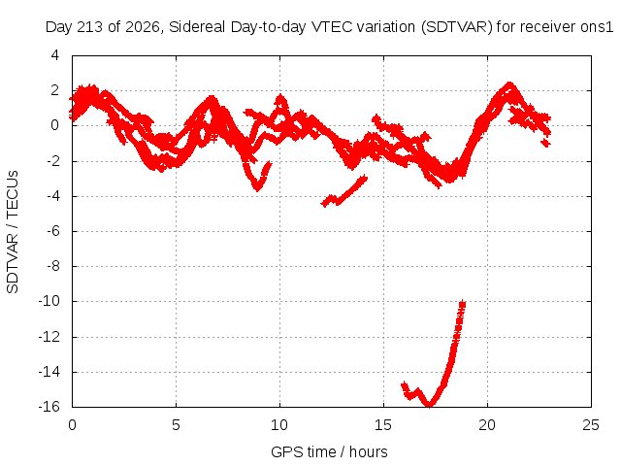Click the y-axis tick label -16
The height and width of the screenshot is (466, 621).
(x=49, y=407)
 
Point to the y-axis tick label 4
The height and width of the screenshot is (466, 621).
(x=54, y=55)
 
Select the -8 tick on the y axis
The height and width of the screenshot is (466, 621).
(x=53, y=266)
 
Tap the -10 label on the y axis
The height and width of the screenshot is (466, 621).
(x=49, y=301)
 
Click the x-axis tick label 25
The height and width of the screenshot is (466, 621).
(x=591, y=425)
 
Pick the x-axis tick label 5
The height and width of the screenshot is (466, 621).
(x=176, y=425)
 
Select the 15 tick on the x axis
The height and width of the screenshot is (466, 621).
(x=383, y=425)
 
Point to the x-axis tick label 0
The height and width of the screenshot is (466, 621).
(x=72, y=425)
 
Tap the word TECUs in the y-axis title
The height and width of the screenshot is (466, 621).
(x=13, y=194)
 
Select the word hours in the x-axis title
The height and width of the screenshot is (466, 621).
(x=369, y=451)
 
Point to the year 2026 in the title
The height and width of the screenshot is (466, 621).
(x=143, y=27)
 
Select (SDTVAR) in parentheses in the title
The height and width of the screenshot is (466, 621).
(x=457, y=27)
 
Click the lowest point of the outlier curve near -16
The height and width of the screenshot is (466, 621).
(x=429, y=405)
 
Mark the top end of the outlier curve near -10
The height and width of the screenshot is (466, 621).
(x=462, y=303)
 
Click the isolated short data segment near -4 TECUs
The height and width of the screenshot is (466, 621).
(x=343, y=192)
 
